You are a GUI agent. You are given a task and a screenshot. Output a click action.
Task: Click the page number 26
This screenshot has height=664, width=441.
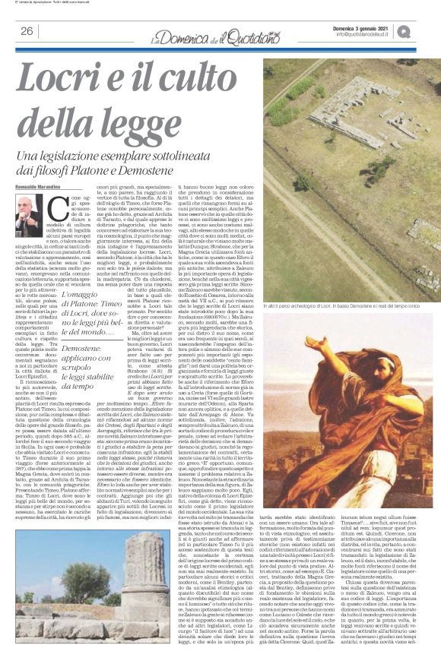[x=27, y=30]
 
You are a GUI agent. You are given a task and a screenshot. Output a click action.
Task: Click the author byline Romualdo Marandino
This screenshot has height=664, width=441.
[x=43, y=206]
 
